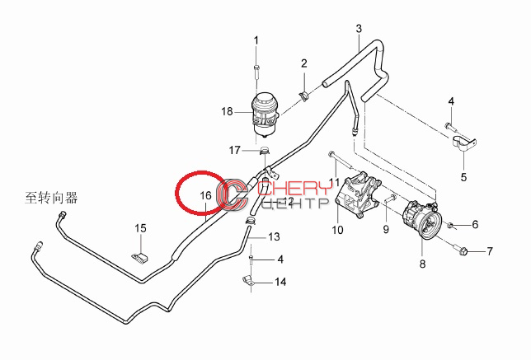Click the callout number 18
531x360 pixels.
[x=227, y=111]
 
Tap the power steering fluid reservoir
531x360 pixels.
[x=265, y=115]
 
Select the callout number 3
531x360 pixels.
[x=359, y=28]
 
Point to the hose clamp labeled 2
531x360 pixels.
[x=304, y=96]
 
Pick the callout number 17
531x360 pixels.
[x=235, y=150]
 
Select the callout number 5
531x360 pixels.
[x=463, y=177]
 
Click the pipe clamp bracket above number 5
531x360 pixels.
[x=465, y=142]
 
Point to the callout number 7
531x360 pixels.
[x=490, y=251]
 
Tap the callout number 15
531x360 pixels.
[x=140, y=228]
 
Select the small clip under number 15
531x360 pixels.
[x=140, y=258]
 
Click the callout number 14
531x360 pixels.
[x=280, y=282]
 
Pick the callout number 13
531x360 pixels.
[x=274, y=236]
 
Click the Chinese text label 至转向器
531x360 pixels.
[x=51, y=198]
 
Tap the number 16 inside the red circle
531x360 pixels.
[x=205, y=195]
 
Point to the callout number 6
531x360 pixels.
[x=475, y=224]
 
